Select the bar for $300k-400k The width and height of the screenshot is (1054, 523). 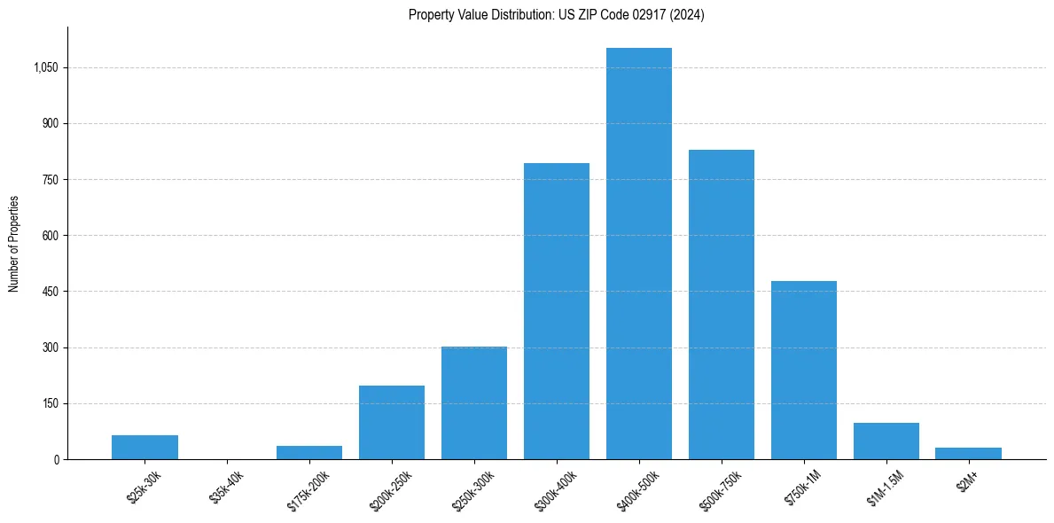(556, 311)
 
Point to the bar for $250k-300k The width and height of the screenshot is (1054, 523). (473, 402)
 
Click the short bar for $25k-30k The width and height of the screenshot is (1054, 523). (144, 447)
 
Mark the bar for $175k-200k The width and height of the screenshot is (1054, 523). (308, 452)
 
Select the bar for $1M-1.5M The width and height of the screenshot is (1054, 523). (886, 441)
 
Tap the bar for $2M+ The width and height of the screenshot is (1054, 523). (968, 453)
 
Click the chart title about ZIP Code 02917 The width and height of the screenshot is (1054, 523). (556, 15)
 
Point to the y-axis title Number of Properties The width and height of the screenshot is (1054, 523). (14, 243)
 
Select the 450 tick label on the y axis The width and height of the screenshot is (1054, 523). (50, 292)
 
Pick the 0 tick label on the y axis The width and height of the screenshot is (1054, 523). (56, 459)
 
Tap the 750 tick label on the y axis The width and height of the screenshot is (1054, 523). (50, 179)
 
